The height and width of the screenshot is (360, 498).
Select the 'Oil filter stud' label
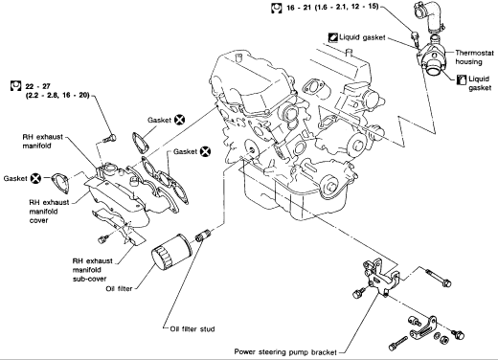point(192,329)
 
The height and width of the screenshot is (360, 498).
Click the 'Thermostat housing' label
point(474,57)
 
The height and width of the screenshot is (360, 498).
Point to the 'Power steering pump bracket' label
point(285,352)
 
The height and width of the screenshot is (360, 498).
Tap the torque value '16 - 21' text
point(299,7)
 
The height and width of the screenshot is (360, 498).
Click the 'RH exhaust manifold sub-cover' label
point(93,270)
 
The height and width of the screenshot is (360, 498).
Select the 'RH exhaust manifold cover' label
point(49,212)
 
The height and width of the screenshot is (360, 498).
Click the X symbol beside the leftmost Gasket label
point(35,178)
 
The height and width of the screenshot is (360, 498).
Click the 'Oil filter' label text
point(119,288)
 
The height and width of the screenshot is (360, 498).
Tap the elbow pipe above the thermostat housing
point(429,16)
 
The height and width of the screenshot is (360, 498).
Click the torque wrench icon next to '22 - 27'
point(15,86)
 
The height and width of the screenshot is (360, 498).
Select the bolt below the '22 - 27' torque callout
point(110,139)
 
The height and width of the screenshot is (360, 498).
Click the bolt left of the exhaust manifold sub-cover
point(102,239)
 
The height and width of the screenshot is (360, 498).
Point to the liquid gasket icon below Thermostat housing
point(462,79)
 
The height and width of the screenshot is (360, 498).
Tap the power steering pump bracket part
point(380,277)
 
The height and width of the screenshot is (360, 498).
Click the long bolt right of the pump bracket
point(438,278)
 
